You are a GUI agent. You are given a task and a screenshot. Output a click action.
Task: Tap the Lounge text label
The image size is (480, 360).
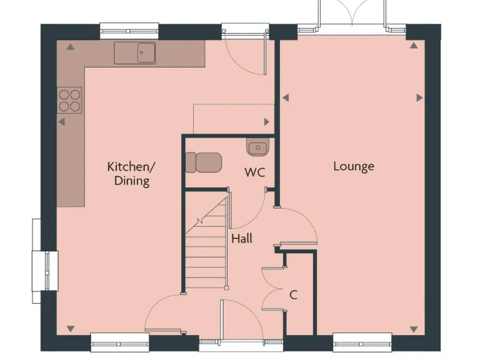(x=353, y=166)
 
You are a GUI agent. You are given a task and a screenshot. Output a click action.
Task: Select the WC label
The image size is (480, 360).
(x=255, y=172)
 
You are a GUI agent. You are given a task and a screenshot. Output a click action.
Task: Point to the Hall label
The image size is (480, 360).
(x=242, y=238)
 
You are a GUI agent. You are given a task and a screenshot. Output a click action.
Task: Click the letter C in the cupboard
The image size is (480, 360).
(x=292, y=294)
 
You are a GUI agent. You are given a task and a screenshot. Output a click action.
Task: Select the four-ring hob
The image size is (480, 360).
(x=69, y=100)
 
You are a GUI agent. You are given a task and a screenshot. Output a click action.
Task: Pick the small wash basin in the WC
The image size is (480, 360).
(x=257, y=148)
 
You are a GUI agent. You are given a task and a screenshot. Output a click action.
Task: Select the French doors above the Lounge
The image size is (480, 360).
(x=351, y=16)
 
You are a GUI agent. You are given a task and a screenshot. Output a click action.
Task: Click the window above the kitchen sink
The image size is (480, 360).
(x=129, y=29)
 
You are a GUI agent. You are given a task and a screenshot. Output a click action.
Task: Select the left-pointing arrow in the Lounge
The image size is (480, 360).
(x=285, y=97)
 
